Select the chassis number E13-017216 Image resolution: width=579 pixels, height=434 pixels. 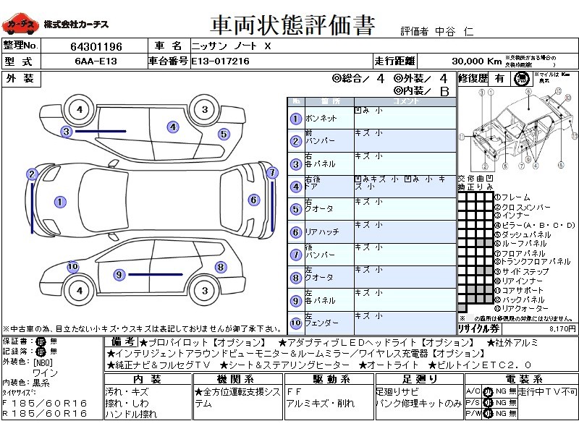[221, 61]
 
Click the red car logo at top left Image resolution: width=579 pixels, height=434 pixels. [20, 25]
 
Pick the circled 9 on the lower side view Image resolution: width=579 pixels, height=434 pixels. [119, 274]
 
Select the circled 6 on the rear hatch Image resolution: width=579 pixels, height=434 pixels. [253, 200]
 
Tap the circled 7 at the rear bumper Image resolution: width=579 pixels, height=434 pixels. [272, 173]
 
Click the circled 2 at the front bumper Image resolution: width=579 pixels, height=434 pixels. [32, 174]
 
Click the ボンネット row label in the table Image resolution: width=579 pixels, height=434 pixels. [321, 119]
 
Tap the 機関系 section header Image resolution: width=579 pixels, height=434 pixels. [239, 379]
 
